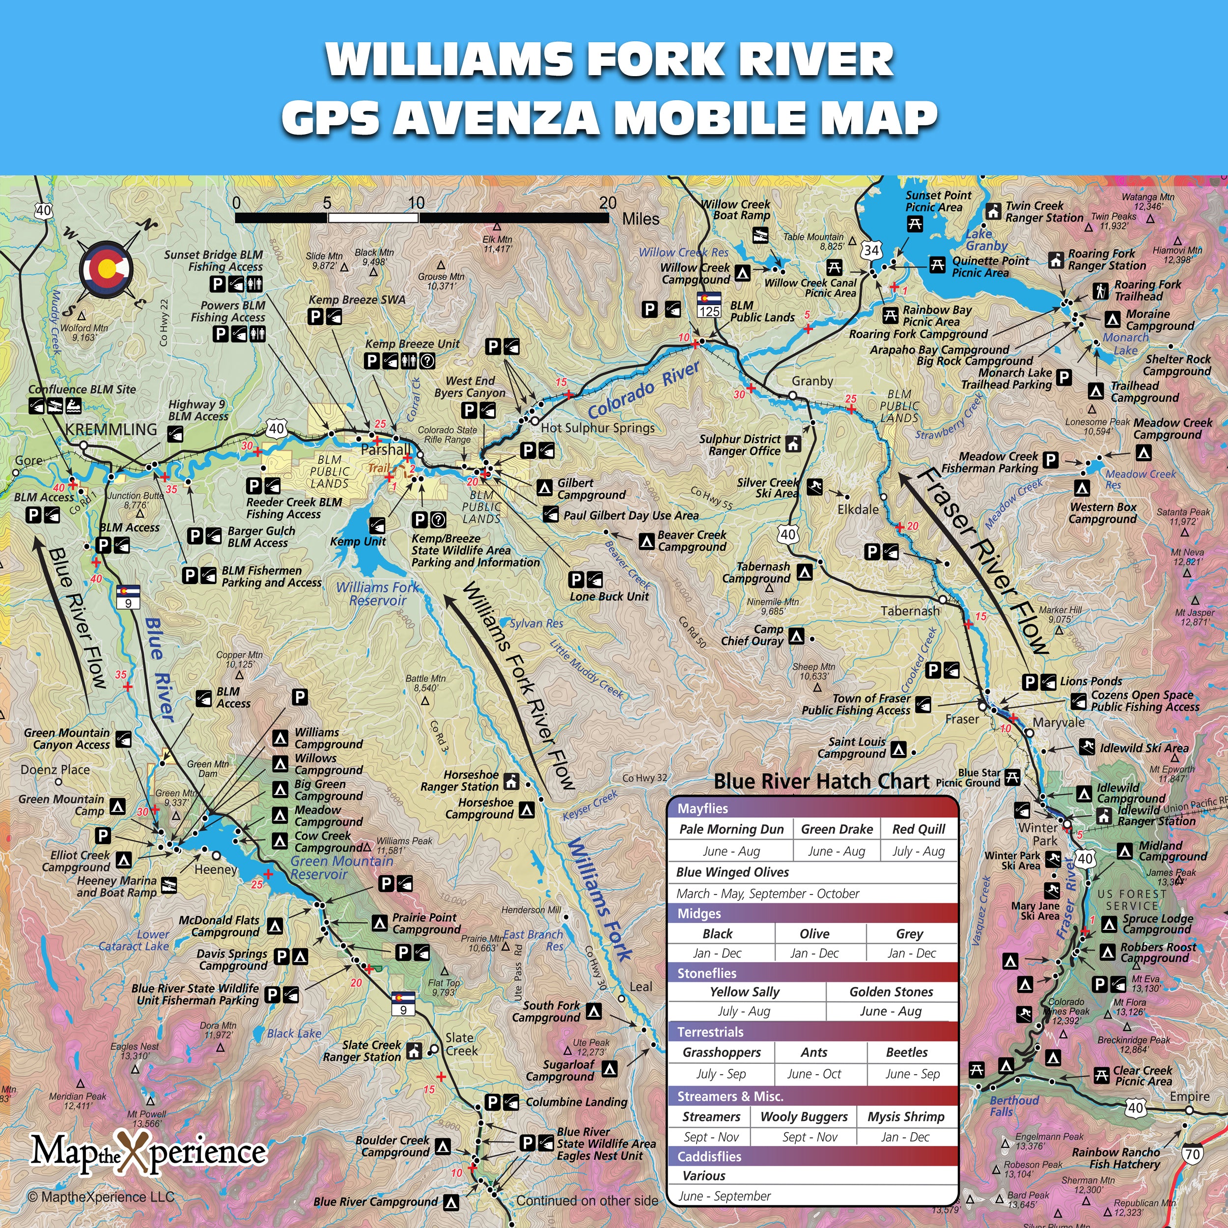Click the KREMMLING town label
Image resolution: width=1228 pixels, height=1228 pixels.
(x=111, y=430)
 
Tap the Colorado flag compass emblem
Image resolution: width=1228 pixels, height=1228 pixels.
(x=106, y=269)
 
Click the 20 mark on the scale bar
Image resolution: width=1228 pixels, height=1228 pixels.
(x=608, y=203)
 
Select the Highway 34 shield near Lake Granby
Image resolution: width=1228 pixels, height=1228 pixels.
(x=871, y=250)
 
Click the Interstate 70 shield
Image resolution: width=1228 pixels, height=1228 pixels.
(x=1193, y=1154)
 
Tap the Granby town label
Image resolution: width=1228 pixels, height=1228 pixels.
(x=812, y=381)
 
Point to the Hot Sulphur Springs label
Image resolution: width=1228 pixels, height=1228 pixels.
(x=597, y=428)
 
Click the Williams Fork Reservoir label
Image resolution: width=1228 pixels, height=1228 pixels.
(x=378, y=594)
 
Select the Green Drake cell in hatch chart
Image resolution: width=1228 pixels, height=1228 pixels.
(x=837, y=829)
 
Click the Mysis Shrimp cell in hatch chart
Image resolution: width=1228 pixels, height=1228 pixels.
(x=906, y=1117)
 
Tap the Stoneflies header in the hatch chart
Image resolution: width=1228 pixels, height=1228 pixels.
(x=707, y=973)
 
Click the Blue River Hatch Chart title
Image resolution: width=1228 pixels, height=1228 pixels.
(x=821, y=781)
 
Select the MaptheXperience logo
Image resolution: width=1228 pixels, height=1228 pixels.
(x=149, y=1152)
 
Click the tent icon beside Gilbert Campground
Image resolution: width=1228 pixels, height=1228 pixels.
(x=544, y=487)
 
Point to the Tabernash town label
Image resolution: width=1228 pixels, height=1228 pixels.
(x=910, y=611)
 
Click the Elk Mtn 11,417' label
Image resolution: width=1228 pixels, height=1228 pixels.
(x=497, y=244)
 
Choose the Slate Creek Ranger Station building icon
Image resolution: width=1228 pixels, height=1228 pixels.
(x=415, y=1051)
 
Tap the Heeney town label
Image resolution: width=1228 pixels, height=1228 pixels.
(x=216, y=869)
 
